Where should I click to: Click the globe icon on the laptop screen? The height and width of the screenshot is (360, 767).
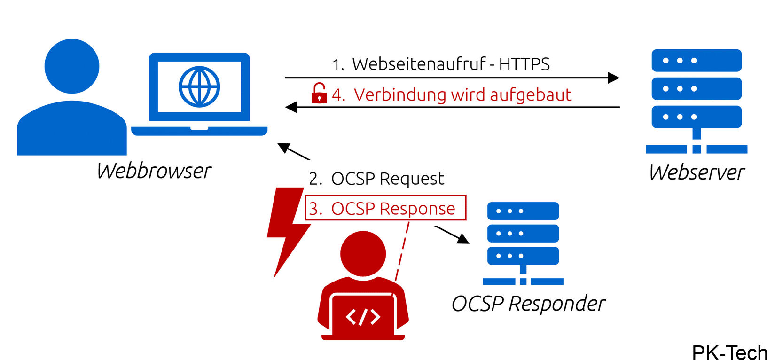tap(199, 87)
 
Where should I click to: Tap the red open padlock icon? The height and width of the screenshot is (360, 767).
tap(319, 94)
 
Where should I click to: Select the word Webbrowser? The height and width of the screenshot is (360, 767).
tap(154, 171)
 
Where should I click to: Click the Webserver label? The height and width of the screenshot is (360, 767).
tap(697, 172)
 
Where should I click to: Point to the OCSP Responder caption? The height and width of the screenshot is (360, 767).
tap(528, 304)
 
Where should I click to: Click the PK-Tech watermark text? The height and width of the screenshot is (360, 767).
tap(729, 352)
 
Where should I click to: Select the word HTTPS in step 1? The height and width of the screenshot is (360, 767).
tap(524, 64)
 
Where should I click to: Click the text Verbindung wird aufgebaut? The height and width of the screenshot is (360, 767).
tap(462, 95)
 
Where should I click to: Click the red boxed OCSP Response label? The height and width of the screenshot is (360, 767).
tap(385, 208)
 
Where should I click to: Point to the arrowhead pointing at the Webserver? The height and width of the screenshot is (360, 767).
tap(613, 78)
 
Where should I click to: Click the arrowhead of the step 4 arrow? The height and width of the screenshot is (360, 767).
tap(291, 107)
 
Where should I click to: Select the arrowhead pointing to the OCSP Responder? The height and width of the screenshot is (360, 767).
tap(463, 239)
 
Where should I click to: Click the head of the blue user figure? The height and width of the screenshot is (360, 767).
tap(72, 66)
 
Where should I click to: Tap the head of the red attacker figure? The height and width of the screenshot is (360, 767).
tap(363, 254)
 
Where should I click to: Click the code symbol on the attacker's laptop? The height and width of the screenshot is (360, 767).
tap(363, 317)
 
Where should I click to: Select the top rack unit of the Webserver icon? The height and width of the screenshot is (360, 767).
tap(697, 61)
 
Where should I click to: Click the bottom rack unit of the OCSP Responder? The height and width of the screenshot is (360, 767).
tap(523, 256)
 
